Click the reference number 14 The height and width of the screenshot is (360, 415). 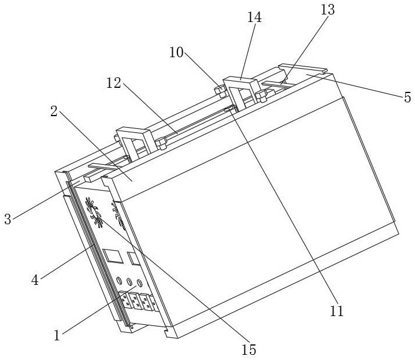[254, 18]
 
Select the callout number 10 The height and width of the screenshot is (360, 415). [176, 53]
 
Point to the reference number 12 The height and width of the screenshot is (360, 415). [113, 83]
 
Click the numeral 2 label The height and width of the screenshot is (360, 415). [54, 112]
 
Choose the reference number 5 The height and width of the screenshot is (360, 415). [407, 97]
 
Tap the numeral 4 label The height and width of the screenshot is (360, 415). [35, 281]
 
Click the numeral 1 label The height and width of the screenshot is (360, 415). [57, 335]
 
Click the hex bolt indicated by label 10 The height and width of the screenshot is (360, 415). [219, 90]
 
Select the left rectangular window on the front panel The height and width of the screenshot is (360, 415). [110, 254]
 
